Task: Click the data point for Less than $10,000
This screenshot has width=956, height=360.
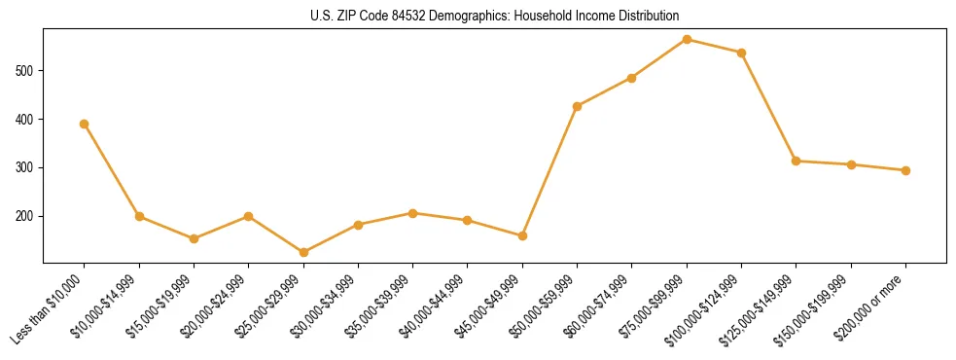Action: click(85, 124)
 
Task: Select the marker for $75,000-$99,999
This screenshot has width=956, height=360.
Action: click(687, 39)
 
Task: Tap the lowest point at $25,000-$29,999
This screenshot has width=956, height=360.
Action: click(303, 253)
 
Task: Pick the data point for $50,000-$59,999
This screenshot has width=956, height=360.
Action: click(578, 106)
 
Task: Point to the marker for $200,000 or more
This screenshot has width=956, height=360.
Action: click(905, 170)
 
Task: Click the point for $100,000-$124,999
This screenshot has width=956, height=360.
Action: click(741, 53)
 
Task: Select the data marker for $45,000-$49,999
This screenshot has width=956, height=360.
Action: click(522, 235)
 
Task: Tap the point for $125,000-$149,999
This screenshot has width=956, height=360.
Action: click(797, 161)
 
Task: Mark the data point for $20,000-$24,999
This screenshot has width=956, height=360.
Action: click(248, 216)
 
